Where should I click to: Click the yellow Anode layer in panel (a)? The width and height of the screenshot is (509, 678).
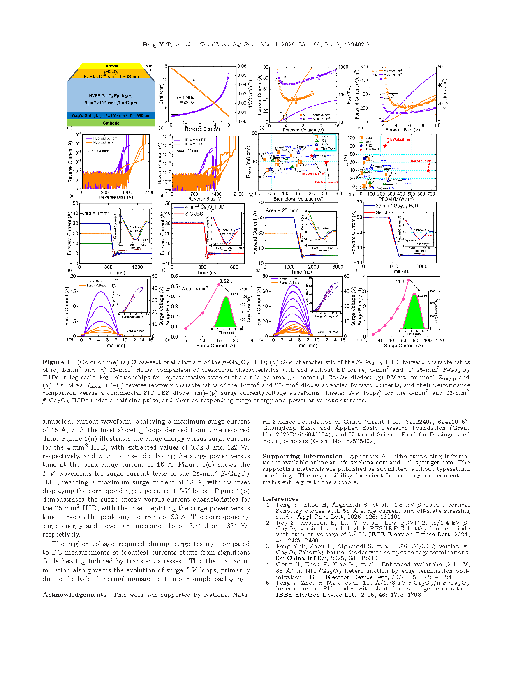[111, 66]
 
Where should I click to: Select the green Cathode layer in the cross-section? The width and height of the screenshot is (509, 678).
[111, 123]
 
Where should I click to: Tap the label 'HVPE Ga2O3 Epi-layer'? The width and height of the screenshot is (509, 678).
[111, 96]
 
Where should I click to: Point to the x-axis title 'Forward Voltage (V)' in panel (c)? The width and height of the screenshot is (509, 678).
[303, 130]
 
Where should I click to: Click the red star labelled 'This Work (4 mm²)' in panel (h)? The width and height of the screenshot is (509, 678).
[428, 170]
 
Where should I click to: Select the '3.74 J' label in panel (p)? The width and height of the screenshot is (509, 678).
[398, 281]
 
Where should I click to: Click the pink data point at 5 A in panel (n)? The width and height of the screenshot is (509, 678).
[186, 328]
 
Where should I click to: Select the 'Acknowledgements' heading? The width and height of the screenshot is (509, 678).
[74, 595]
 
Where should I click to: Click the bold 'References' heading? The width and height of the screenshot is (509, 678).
[280, 499]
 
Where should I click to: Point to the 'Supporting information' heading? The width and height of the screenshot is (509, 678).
[302, 456]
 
